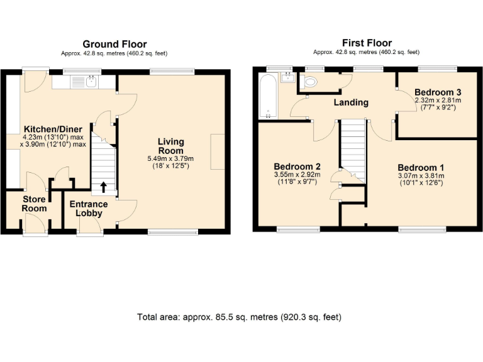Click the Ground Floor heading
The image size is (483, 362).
coord(114,44)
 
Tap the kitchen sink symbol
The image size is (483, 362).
coord(84,80)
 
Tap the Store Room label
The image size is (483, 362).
coord(35,204)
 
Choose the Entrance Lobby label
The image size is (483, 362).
coord(89,209)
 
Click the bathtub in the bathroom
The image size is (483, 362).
coord(268,96)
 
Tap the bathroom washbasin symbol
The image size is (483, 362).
coord(289,77)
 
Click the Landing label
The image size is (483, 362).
coord(350,102)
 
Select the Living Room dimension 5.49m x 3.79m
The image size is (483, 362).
coord(170,158)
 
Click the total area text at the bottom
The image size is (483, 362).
coord(240,317)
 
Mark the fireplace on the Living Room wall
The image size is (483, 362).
coord(217,151)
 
